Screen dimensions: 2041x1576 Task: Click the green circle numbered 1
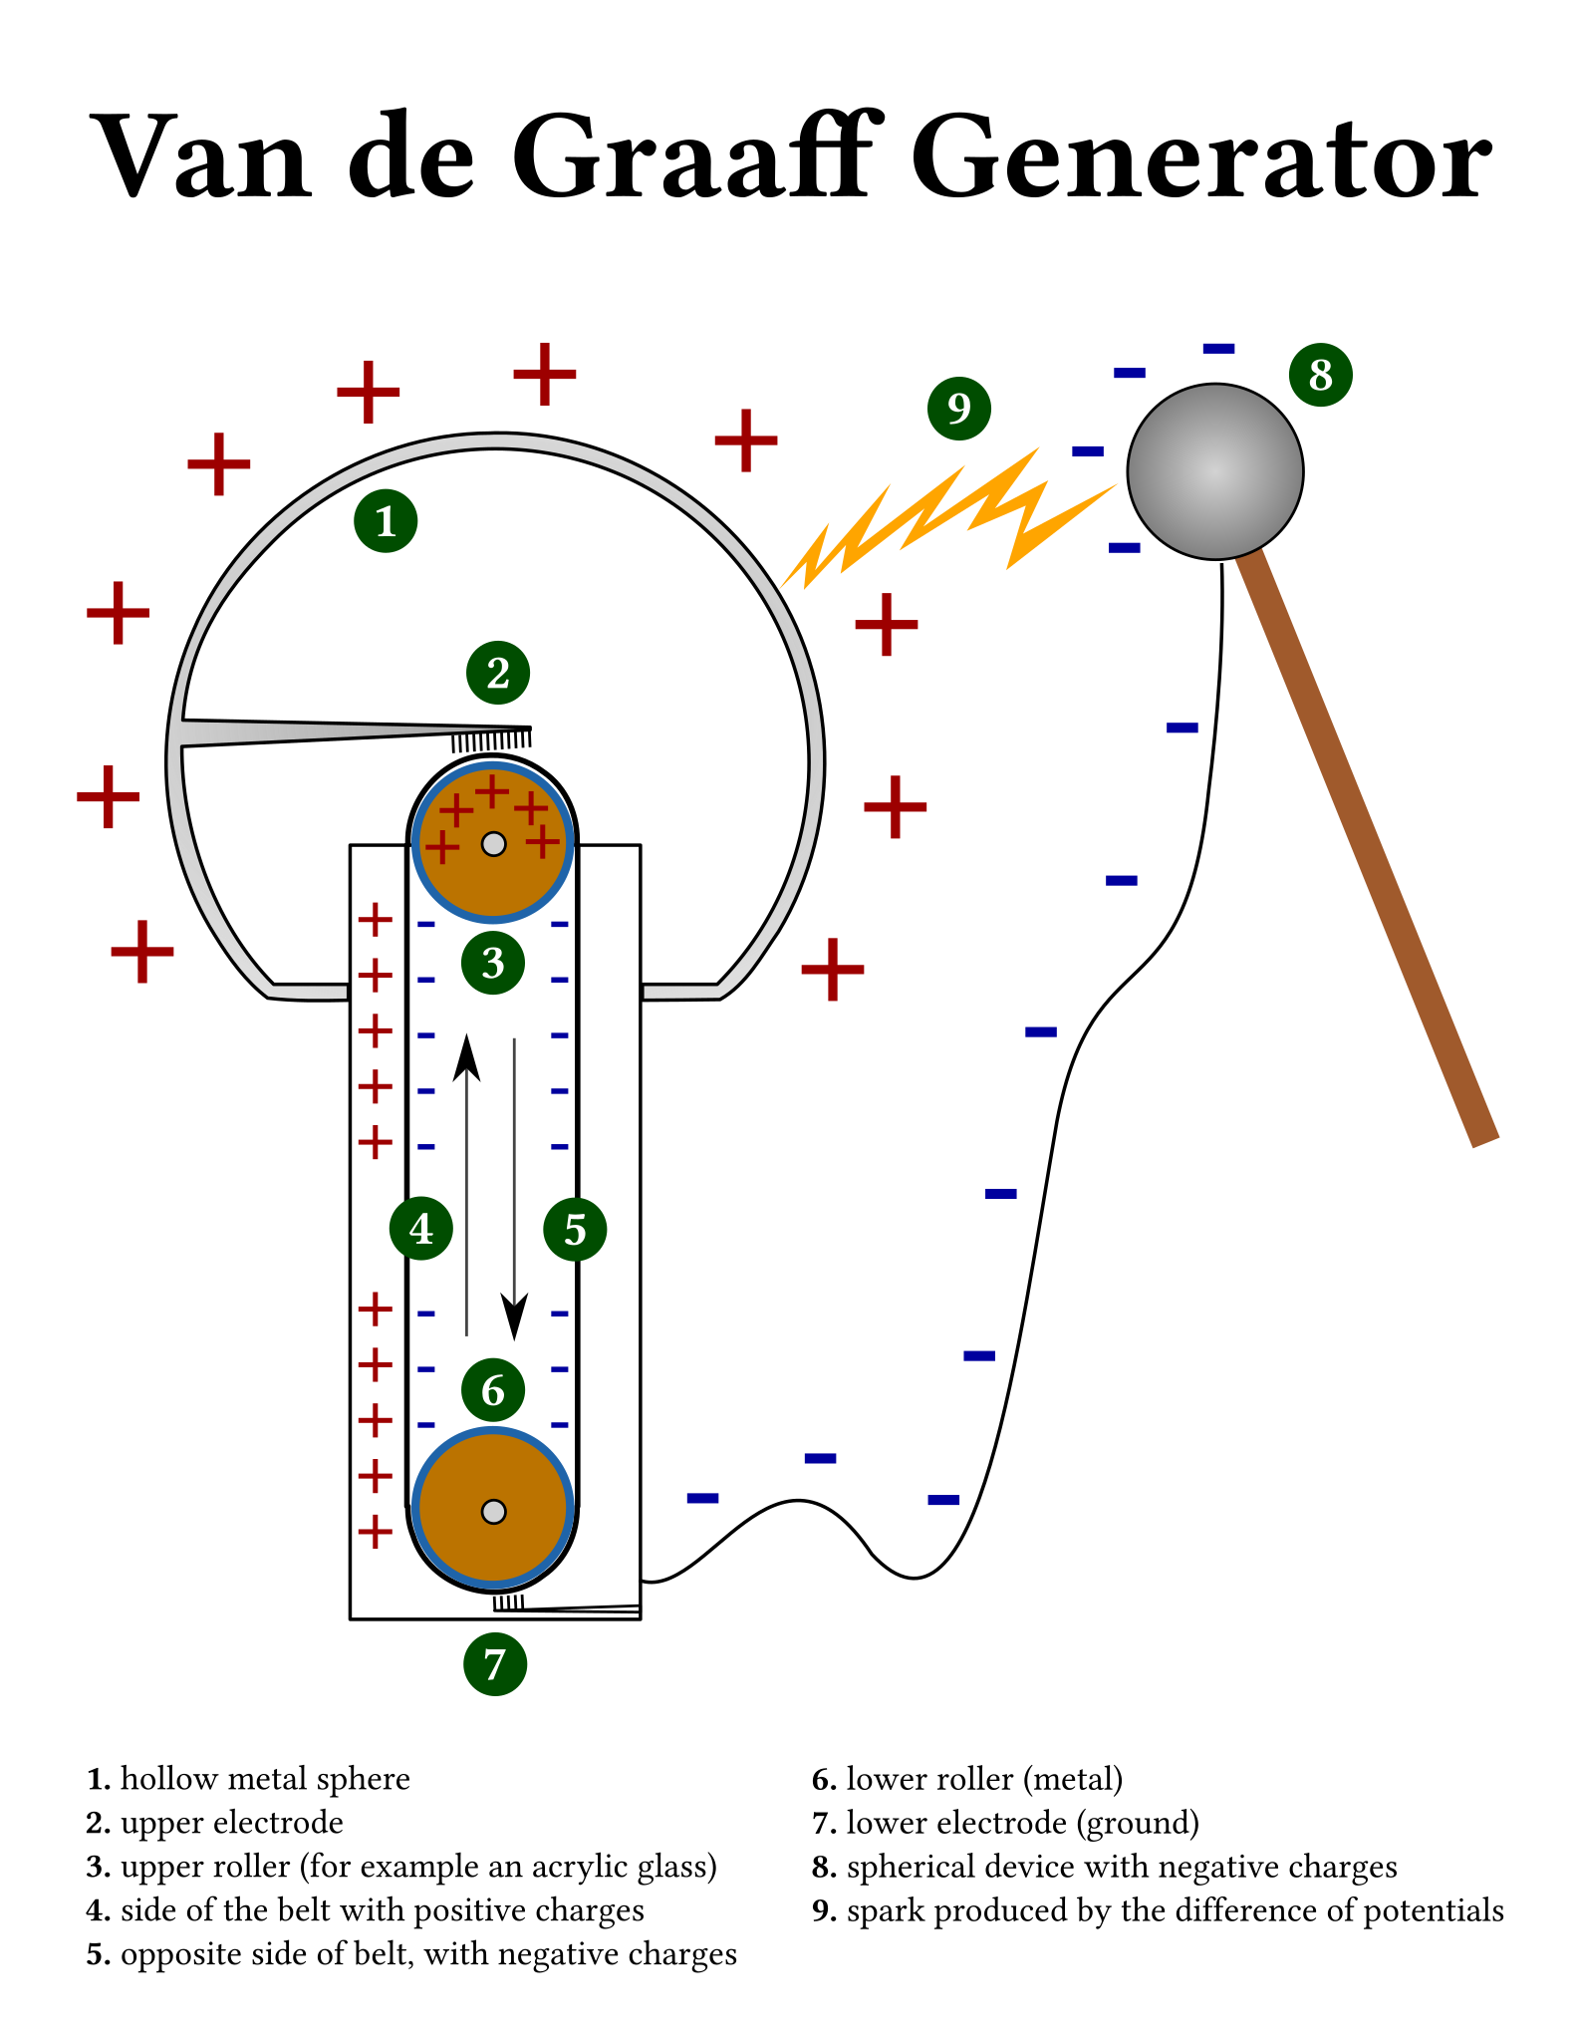tap(386, 520)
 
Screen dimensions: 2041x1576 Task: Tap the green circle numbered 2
tap(498, 673)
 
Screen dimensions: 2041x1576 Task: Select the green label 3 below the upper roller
tap(493, 963)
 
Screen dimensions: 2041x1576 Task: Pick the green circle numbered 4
tap(421, 1229)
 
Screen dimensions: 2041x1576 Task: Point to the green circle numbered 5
tap(575, 1230)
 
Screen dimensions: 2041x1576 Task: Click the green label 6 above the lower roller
tap(493, 1390)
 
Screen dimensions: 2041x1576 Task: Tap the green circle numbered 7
tap(495, 1664)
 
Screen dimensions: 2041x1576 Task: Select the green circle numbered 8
tap(1320, 375)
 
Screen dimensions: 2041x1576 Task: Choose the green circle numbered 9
tap(958, 408)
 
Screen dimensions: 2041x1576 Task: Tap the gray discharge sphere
tap(1215, 471)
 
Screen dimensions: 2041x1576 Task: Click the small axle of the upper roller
tap(493, 844)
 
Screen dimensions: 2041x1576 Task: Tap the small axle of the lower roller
tap(493, 1512)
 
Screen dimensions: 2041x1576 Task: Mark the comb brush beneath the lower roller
tap(509, 1603)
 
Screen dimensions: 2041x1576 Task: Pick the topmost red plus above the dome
tap(545, 374)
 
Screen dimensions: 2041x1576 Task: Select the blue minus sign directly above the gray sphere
tap(1218, 349)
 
